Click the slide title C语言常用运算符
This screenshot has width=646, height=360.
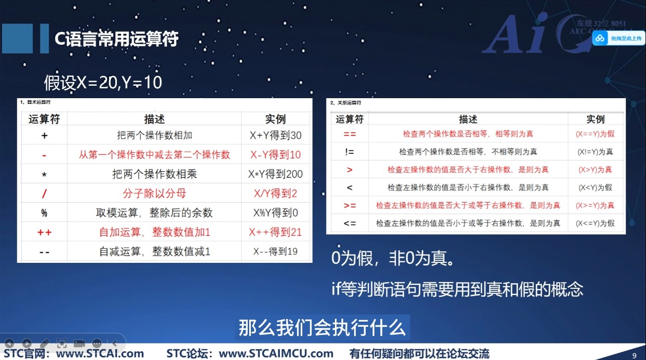pos(117,39)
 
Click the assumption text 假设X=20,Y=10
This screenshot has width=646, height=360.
pos(103,82)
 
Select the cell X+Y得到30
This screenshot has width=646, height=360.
pos(275,136)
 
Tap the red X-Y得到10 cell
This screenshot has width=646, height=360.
pos(275,155)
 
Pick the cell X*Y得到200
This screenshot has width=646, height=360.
pos(275,174)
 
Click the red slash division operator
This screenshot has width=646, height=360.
pos(44,194)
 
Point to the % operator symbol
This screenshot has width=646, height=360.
pos(44,213)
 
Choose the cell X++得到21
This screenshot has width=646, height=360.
pos(275,232)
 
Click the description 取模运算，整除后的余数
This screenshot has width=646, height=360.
pos(154,213)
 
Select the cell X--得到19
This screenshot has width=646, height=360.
pos(275,251)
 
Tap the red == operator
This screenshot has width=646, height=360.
pos(349,134)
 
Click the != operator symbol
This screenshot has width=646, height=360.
pos(349,152)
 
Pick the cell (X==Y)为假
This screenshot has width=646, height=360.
pos(595,134)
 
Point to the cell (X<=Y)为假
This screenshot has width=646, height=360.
pos(595,223)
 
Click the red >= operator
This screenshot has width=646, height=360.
pos(349,206)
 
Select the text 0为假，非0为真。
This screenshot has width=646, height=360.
pos(394,258)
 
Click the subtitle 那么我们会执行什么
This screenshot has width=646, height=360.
pos(321,328)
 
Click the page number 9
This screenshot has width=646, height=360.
pos(634,355)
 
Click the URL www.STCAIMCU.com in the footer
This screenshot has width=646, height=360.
pos(276,354)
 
